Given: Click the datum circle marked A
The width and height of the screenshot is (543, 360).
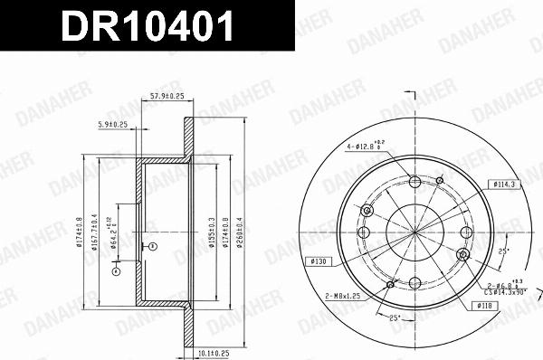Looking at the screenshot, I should pos(116,270).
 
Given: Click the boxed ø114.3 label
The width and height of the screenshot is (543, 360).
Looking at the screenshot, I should pos(504,184).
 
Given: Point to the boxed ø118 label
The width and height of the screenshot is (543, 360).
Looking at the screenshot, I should pos(482,305).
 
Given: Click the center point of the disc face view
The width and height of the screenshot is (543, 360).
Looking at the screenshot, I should pos(414,231).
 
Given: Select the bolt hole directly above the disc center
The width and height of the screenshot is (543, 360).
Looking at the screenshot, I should pos(414,181).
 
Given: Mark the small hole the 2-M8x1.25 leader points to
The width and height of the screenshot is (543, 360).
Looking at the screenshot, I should pos(390,286).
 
